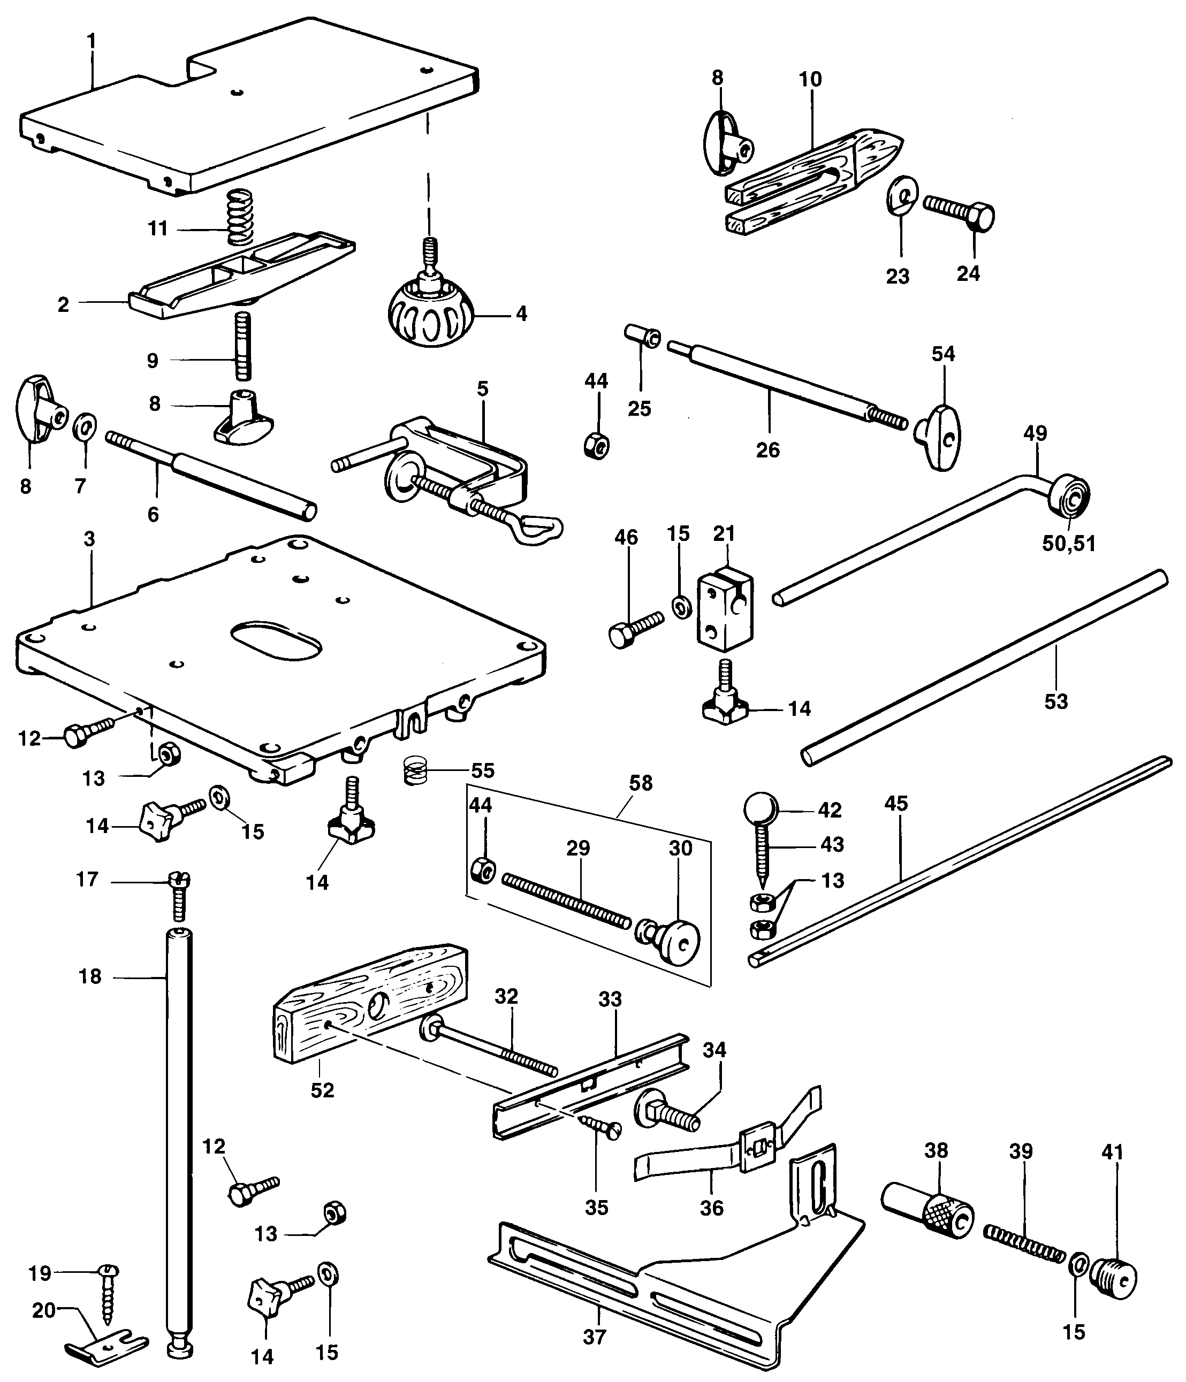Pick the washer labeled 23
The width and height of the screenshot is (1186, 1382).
902,197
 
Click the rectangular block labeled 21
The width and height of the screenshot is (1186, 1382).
725,609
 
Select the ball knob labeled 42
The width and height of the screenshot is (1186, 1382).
761,810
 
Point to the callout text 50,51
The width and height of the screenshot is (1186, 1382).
1069,544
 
